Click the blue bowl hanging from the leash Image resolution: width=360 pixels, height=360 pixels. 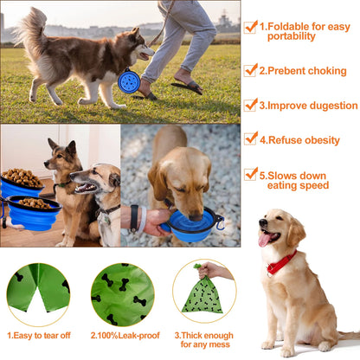(x=130, y=80)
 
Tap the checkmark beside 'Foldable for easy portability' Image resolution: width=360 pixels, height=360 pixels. (x=251, y=27)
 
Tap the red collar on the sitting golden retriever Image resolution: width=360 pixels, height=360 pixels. (x=280, y=262)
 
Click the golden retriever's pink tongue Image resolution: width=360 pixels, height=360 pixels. (x=264, y=239)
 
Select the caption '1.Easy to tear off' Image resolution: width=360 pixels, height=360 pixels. (x=38, y=334)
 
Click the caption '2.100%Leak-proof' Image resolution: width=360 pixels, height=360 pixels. (x=122, y=334)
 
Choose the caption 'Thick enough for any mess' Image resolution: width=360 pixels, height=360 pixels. (x=205, y=339)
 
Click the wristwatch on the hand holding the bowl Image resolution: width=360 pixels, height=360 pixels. (x=134, y=218)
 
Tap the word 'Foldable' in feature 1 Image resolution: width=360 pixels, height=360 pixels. (x=292, y=27)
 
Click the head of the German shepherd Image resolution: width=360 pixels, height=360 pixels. (x=64, y=156)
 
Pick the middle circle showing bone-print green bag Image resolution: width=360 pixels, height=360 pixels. (x=122, y=294)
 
